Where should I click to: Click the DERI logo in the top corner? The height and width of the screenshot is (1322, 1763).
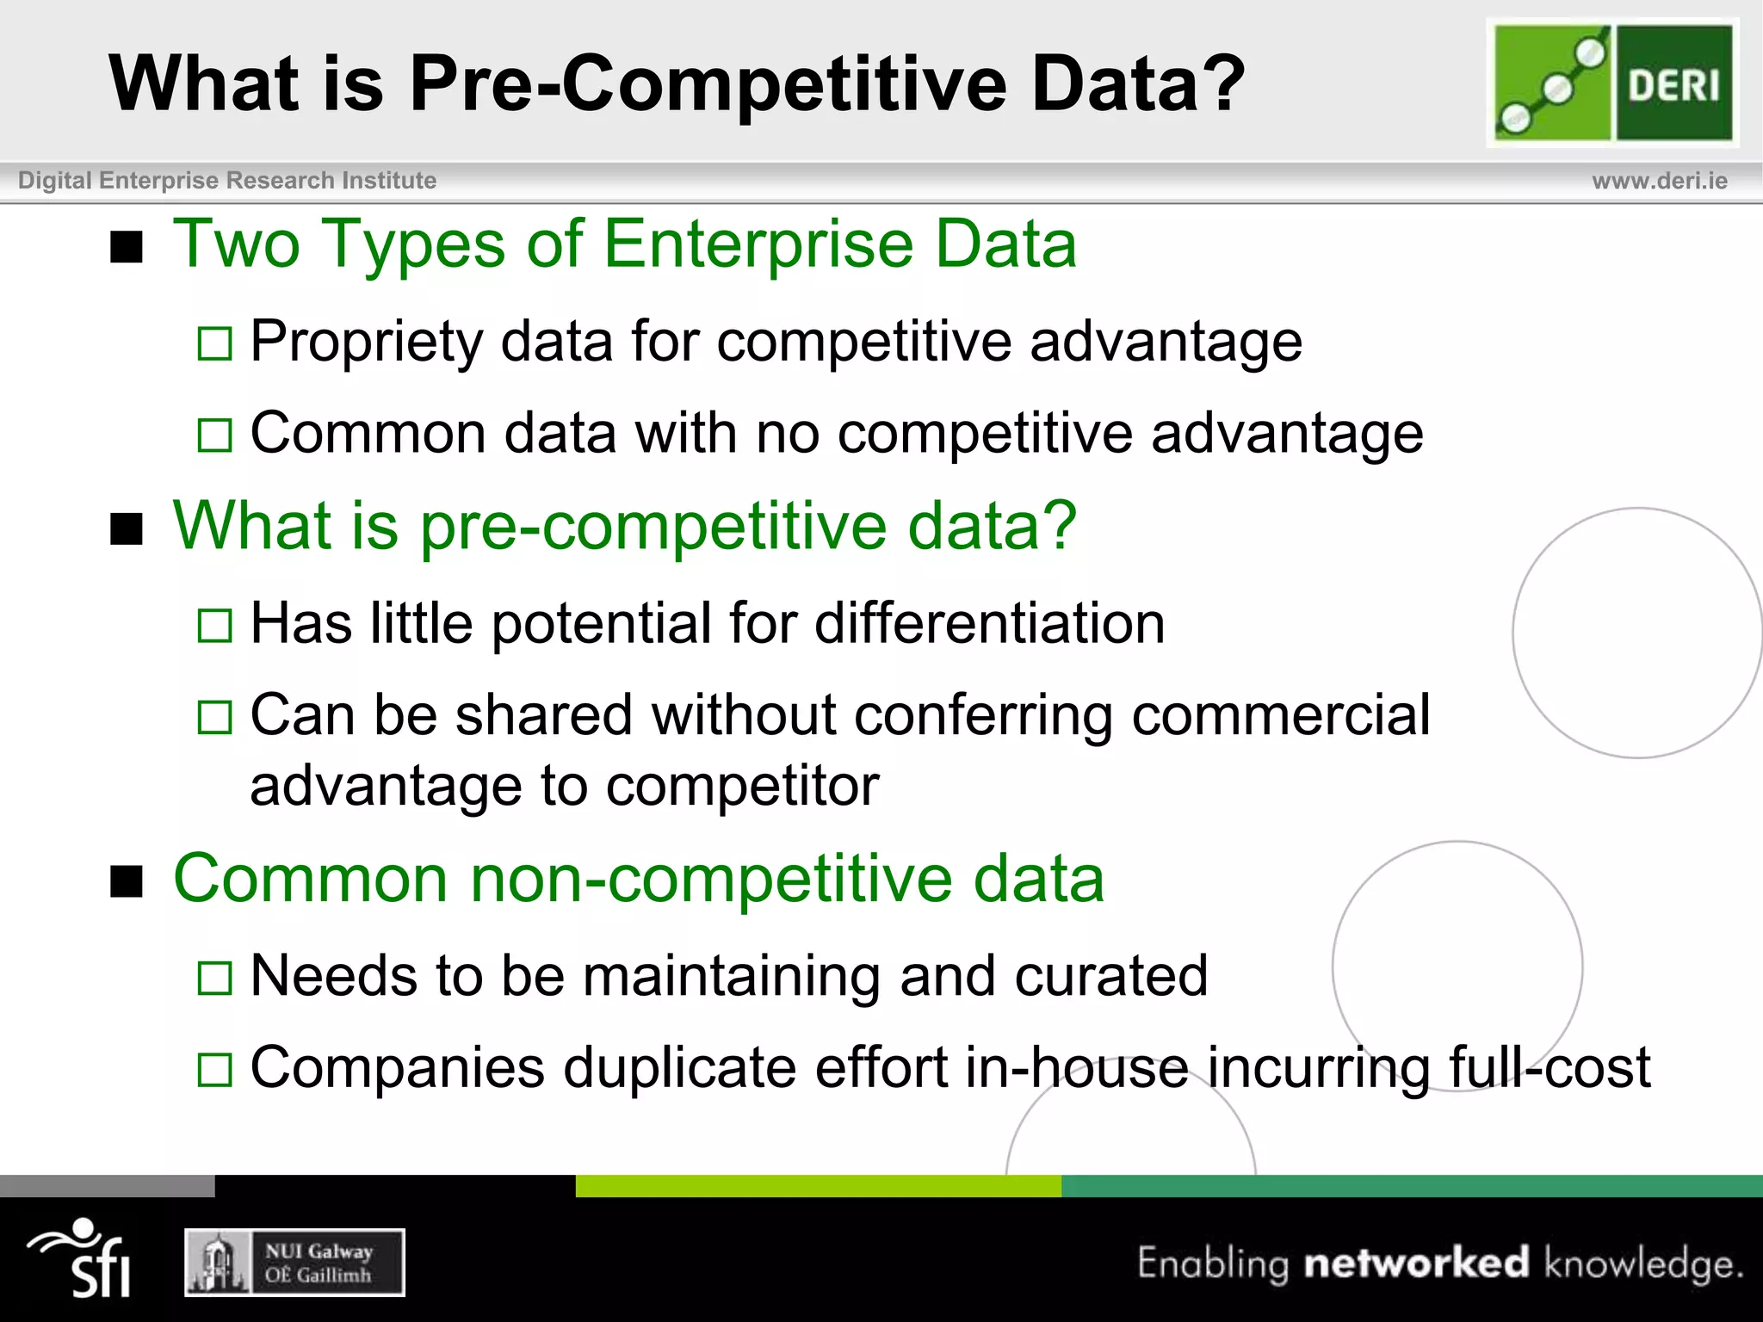(x=1612, y=83)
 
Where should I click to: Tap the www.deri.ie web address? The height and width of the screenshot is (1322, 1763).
(x=1659, y=181)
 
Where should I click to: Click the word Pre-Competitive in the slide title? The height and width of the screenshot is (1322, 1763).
(x=708, y=83)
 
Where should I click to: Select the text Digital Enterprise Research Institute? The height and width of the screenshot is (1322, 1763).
(x=227, y=181)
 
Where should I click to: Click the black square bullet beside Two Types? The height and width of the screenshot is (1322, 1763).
(x=127, y=249)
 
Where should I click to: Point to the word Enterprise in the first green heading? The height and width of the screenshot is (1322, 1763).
(x=758, y=244)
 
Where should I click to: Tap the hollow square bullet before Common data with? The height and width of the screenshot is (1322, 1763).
(x=214, y=436)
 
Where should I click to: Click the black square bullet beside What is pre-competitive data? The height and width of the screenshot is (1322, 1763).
(x=127, y=529)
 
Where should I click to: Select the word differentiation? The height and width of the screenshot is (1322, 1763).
(x=989, y=623)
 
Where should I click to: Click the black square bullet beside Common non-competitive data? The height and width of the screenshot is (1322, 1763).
(x=127, y=882)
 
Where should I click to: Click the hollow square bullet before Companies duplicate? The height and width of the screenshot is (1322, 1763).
(x=214, y=1070)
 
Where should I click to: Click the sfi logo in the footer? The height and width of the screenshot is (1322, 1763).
(x=82, y=1258)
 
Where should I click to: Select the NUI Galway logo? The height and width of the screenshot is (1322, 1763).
(x=294, y=1263)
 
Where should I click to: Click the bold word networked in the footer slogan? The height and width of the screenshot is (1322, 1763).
(x=1416, y=1263)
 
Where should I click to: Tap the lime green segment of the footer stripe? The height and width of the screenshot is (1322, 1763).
(x=818, y=1186)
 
